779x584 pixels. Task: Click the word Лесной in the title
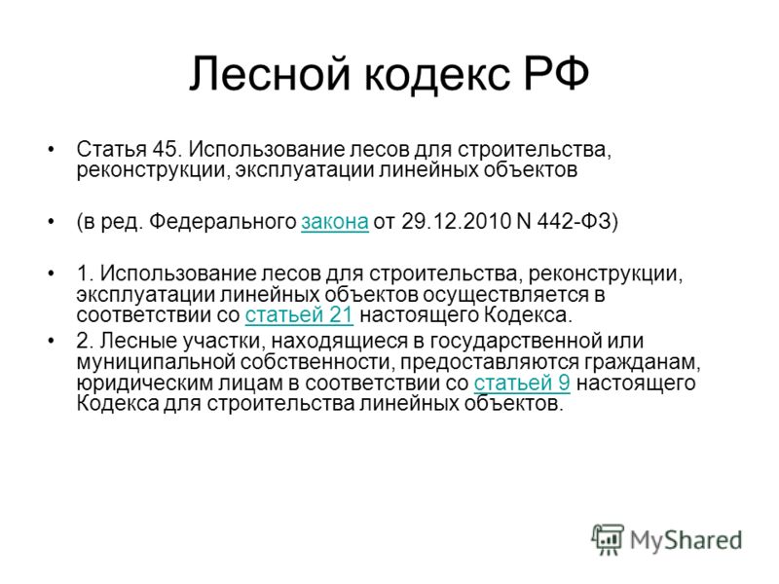coord(272,74)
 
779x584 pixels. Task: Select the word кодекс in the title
coord(438,74)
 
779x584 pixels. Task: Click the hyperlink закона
coord(335,222)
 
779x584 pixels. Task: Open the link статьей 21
coord(299,314)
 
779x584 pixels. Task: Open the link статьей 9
coord(522,383)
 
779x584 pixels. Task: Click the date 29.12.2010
coord(456,221)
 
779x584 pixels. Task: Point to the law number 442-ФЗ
coord(577,221)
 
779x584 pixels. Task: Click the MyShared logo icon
coord(608,539)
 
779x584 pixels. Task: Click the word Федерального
coord(223,222)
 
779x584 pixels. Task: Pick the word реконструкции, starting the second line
coord(153,170)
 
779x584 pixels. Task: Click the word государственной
coord(516,342)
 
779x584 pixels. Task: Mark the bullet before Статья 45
coord(51,149)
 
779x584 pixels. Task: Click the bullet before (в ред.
coord(51,221)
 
